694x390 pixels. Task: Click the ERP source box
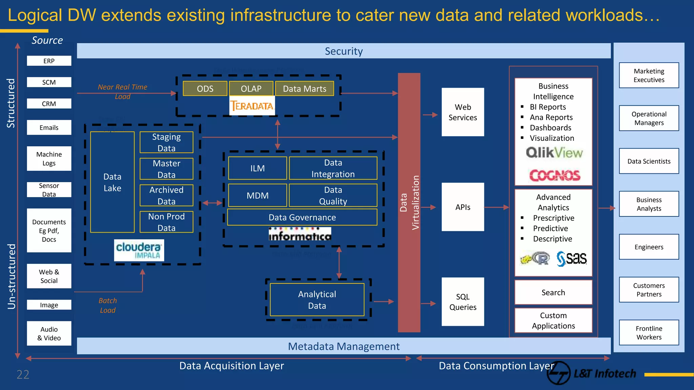(49, 61)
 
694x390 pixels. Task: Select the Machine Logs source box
(49, 158)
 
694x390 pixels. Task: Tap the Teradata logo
(252, 106)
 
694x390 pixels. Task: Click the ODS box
(205, 89)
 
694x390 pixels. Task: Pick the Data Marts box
(304, 89)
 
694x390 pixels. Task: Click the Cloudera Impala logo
(139, 250)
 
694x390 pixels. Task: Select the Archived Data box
(166, 195)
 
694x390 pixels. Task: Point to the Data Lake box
(112, 182)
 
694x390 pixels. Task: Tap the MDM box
(258, 195)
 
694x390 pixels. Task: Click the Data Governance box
(302, 217)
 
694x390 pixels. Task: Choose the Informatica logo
(300, 234)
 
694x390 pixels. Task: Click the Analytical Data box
(317, 300)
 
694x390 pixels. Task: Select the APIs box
(463, 207)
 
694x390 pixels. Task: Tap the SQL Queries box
(463, 302)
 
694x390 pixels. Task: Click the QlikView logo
(554, 153)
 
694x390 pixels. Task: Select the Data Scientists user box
(649, 161)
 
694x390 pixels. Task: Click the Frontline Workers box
(649, 332)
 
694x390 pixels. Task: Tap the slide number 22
(23, 374)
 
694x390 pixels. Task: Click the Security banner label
(344, 51)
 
